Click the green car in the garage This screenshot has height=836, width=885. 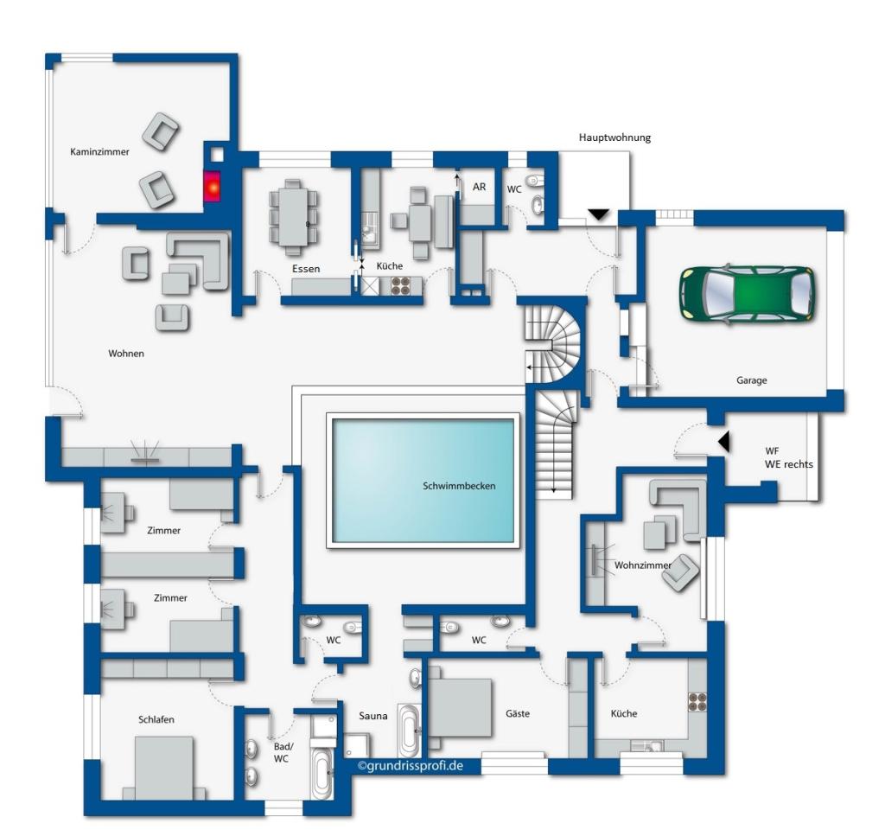click(748, 294)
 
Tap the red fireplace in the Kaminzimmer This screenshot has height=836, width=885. click(213, 186)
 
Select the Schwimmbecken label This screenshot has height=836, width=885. click(459, 486)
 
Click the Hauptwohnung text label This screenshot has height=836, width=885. click(614, 137)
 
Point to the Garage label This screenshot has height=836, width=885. click(751, 380)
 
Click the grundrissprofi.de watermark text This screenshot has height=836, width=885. click(411, 765)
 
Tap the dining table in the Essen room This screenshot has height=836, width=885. click(294, 217)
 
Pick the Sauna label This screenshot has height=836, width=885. click(373, 716)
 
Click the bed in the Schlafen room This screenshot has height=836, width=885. click(164, 769)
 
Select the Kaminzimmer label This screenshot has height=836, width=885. click(99, 152)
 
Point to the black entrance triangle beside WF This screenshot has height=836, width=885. click(724, 442)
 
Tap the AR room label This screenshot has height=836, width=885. click(479, 187)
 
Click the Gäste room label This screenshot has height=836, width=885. click(518, 713)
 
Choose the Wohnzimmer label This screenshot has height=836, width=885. click(643, 565)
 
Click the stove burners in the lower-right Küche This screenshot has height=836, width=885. click(697, 702)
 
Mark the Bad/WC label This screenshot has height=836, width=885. click(283, 752)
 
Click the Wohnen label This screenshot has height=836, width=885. click(126, 354)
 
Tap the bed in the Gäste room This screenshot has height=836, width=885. click(460, 707)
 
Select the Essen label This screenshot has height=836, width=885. click(306, 269)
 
